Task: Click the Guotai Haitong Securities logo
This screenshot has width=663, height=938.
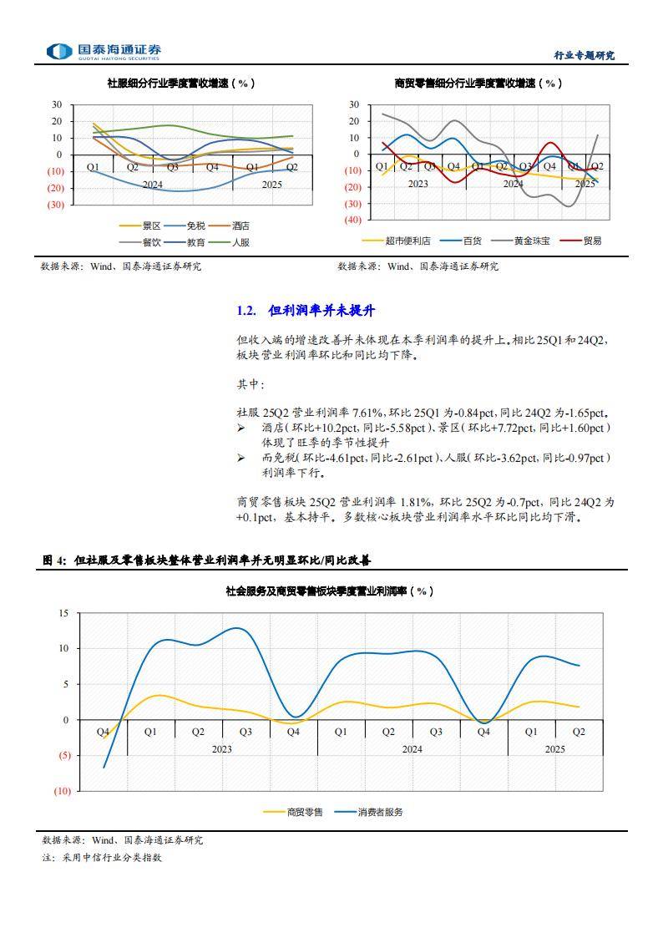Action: [104, 52]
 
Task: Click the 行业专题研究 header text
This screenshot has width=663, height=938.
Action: [585, 55]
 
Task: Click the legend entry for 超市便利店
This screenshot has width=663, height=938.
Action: [407, 241]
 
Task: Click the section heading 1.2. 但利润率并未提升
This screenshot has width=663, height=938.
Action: [306, 311]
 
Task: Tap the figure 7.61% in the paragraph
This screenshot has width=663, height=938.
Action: [367, 413]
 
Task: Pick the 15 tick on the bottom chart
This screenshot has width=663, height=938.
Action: [63, 613]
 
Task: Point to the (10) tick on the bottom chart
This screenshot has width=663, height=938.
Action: [61, 791]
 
